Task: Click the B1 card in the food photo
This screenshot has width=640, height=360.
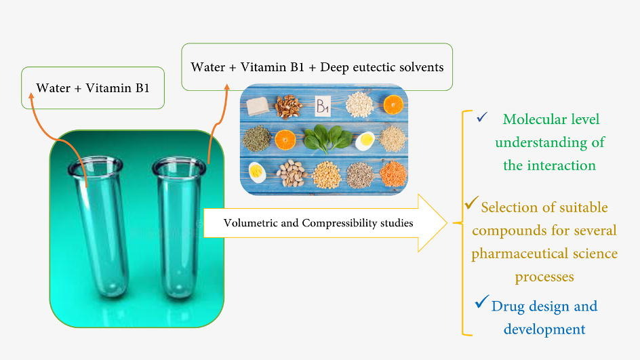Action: [x=323, y=106]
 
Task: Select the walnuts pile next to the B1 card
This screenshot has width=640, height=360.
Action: [x=288, y=106]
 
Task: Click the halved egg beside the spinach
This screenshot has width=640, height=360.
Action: [x=365, y=141]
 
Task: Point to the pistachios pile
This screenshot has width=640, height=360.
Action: [x=292, y=173]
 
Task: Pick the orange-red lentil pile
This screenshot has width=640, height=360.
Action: [x=393, y=174]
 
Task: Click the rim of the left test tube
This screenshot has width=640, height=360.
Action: [x=95, y=166]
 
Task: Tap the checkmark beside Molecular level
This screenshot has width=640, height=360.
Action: [x=482, y=117]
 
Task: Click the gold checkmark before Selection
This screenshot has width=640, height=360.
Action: [x=471, y=203]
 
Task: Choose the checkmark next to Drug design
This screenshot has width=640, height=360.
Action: [x=481, y=302]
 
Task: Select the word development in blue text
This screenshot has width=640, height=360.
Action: [x=544, y=329]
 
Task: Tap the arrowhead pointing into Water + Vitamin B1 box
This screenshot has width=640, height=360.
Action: [x=31, y=96]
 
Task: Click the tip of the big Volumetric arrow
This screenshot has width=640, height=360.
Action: [x=447, y=223]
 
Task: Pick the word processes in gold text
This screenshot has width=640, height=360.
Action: [x=544, y=277]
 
